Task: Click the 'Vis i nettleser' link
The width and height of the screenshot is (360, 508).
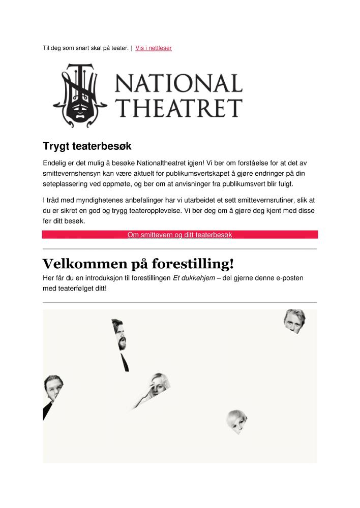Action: click(x=154, y=48)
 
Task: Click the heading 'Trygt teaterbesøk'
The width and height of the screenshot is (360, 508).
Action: click(x=87, y=146)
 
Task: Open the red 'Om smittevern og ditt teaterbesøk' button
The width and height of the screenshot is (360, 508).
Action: click(x=179, y=235)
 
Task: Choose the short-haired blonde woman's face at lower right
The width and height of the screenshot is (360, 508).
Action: click(x=237, y=421)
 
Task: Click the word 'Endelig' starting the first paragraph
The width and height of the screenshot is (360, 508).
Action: click(x=55, y=163)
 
